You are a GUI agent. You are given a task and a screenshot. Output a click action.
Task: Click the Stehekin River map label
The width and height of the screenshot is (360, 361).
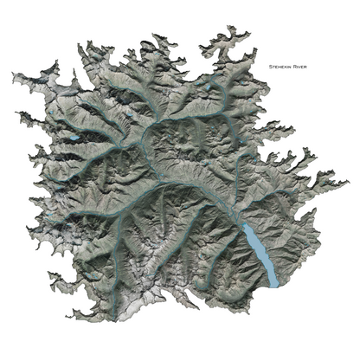point(289,66)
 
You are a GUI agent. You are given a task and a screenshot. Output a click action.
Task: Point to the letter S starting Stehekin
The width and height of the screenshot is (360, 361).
point(270,66)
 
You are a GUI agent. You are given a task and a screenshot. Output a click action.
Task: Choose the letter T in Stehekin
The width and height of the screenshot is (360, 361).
point(273,66)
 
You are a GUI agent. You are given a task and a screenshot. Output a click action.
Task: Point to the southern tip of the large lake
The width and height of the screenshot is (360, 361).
point(273,284)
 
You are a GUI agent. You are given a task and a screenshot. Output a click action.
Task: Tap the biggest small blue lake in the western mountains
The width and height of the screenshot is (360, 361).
point(76,137)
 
